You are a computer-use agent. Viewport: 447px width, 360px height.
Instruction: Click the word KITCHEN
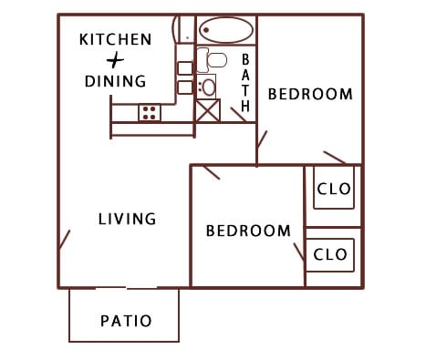pos(115,39)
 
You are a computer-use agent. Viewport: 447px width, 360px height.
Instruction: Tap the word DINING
pos(115,81)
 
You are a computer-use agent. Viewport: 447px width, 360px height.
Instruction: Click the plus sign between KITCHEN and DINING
pos(115,60)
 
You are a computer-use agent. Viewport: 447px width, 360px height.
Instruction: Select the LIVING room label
pos(127,219)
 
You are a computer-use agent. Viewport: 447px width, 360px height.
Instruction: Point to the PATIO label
pos(125,321)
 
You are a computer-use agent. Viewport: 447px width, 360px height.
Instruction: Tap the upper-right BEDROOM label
pos(310,94)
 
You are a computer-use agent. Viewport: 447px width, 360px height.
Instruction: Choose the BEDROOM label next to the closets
pos(248,231)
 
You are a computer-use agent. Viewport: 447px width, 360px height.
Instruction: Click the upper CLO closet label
pos(332,190)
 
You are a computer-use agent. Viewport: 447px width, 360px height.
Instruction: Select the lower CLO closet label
pos(330,254)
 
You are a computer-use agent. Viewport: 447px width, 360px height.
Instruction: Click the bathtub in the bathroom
pos(226,30)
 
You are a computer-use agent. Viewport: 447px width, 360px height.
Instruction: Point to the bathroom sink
pos(209,87)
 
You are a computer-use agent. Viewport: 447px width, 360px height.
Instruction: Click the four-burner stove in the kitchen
pos(150,113)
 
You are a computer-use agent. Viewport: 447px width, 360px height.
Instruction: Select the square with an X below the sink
pos(208,111)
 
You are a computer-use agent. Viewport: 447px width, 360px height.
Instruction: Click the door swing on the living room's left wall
pos(64,240)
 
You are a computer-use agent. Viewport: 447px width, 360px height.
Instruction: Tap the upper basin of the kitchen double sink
pos(184,67)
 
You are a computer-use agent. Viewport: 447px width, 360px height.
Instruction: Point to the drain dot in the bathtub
pos(206,30)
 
